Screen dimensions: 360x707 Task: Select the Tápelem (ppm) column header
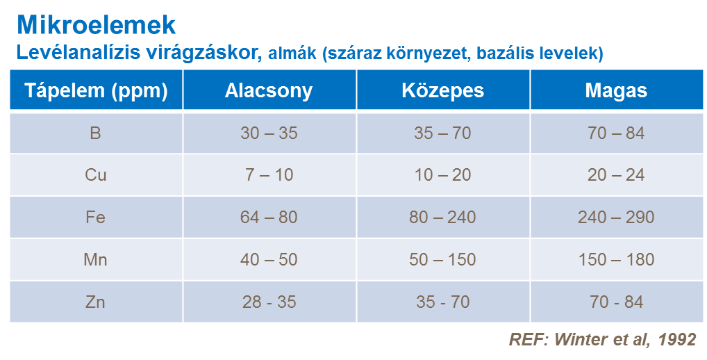pos(96,91)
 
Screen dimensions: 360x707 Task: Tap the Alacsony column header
pos(269,91)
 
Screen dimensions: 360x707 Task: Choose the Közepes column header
pos(443,91)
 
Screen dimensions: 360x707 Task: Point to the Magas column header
pos(616,91)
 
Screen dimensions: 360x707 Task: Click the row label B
pos(96,133)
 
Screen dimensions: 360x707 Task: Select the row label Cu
pos(96,175)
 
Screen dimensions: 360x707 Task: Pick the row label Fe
pos(96,218)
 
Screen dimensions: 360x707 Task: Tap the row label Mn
pos(96,260)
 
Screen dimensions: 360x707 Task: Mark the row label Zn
pos(96,302)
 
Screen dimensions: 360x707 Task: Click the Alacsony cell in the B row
pos(269,133)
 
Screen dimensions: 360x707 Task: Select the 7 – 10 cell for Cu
pos(269,175)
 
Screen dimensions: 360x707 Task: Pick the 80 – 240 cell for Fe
pos(443,218)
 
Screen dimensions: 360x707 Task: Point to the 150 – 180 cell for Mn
pos(616,260)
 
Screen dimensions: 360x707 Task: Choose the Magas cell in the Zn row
pos(616,302)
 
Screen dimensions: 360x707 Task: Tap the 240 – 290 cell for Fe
pos(616,218)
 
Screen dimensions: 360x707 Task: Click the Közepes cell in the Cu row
pos(443,175)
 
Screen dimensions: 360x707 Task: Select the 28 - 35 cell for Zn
pos(269,302)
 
